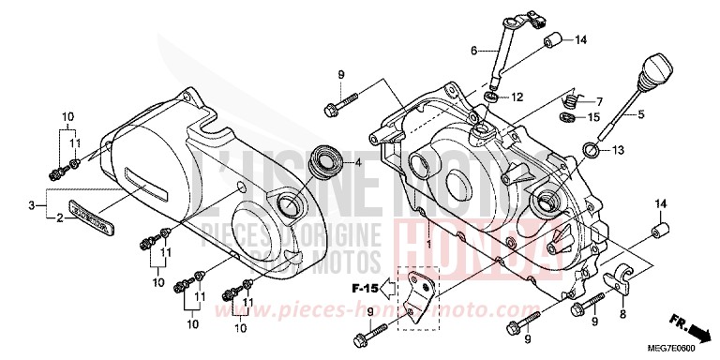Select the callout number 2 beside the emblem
coord(60,217)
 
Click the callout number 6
coord(474,51)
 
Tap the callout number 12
coord(517,97)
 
